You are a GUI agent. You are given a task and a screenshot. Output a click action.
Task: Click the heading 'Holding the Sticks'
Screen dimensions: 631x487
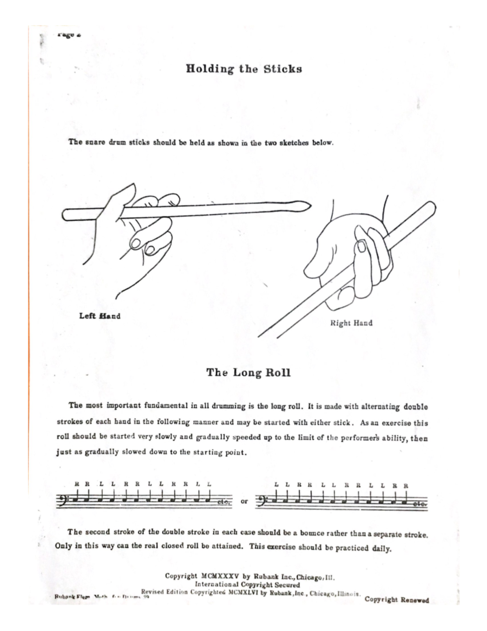(244, 69)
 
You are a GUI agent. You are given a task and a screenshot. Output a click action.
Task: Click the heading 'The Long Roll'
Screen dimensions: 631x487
(248, 373)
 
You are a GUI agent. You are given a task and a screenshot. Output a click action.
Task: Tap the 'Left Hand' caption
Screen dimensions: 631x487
(100, 316)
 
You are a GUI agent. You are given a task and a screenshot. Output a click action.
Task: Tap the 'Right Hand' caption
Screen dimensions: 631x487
(351, 323)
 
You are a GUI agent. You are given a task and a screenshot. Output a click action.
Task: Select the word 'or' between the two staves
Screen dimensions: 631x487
(244, 501)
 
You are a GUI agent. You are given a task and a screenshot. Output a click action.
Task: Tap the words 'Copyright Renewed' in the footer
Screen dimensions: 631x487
(396, 600)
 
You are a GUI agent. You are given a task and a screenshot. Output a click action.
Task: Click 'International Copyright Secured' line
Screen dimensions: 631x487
(247, 585)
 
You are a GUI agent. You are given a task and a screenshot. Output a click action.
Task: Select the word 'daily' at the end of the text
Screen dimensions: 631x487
(381, 549)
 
